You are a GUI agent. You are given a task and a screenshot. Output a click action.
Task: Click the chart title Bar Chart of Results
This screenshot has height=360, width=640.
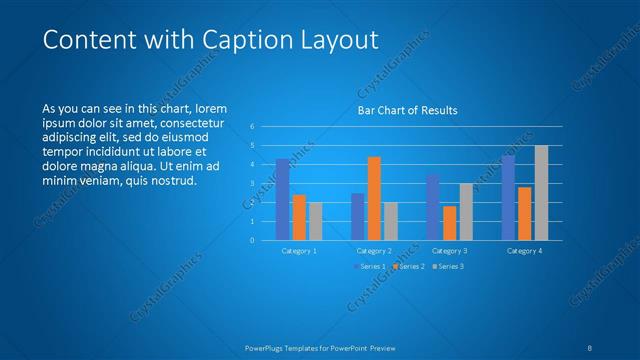coord(407,111)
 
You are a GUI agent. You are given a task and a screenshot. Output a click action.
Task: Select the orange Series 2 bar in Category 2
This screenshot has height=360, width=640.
coord(374,198)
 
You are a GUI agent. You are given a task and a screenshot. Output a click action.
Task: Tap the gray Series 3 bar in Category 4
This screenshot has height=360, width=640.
coord(541,192)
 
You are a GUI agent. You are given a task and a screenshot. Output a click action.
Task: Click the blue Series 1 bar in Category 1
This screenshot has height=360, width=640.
coord(283,199)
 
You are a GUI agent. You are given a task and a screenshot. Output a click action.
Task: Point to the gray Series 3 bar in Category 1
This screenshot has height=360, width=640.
coord(316,221)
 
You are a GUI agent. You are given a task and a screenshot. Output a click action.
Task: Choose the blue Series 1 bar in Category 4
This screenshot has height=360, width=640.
coord(508,197)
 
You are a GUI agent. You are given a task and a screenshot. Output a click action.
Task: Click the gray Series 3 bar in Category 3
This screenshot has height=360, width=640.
coord(466,211)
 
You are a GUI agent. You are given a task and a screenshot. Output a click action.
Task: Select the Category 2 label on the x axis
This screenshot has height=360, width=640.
coord(374,251)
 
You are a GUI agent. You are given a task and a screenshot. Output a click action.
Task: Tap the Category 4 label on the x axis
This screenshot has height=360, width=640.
coord(524,251)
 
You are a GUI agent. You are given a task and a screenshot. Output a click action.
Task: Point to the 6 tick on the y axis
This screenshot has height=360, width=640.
coord(252,126)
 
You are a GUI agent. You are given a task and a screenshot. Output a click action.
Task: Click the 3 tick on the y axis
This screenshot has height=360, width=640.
coord(252,183)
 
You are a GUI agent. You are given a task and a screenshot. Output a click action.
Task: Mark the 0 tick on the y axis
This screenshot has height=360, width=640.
coord(252,240)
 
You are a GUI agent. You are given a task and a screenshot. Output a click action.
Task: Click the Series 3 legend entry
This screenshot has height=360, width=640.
coord(448,266)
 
